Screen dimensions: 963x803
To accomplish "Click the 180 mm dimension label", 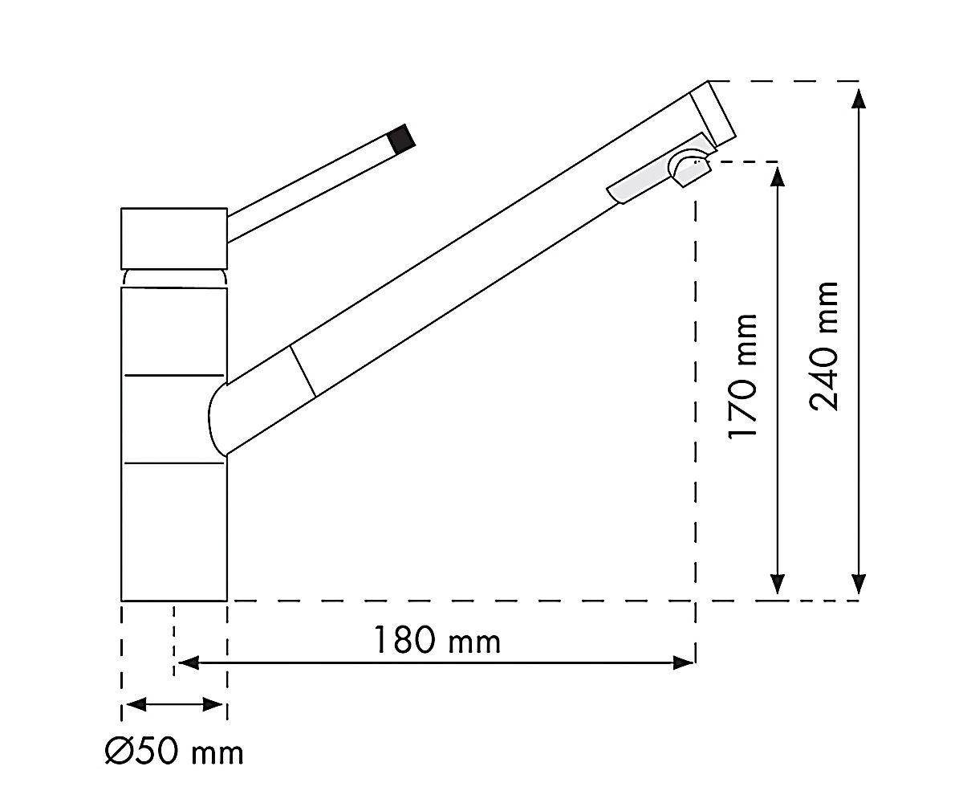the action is click(437, 640).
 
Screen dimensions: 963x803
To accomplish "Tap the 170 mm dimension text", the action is click(742, 376).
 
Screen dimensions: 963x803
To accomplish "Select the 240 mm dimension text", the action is click(823, 345).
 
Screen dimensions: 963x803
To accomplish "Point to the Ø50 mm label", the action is click(174, 752).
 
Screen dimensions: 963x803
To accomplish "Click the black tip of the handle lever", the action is click(402, 137).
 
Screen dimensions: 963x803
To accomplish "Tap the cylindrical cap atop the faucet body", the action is click(174, 238).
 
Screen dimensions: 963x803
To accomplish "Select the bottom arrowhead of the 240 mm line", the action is click(859, 585).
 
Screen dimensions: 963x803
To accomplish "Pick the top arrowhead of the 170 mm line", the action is click(778, 177).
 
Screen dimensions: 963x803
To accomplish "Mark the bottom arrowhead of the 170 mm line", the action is click(778, 585).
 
